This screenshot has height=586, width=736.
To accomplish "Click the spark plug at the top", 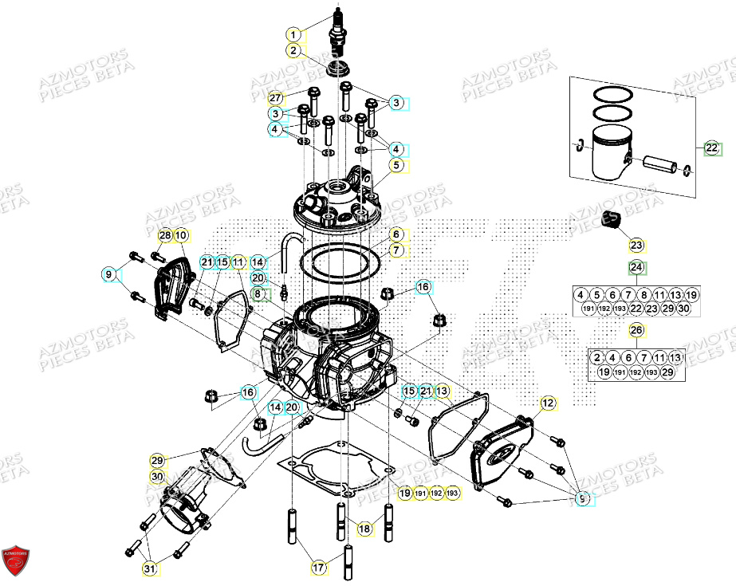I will click(340, 32).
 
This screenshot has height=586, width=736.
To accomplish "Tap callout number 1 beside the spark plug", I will click(293, 34).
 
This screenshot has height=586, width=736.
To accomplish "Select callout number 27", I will click(275, 98).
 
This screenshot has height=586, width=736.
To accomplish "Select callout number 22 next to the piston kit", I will click(711, 147).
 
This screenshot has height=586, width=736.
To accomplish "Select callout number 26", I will click(636, 330).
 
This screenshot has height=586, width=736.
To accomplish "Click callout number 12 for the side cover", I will click(548, 403).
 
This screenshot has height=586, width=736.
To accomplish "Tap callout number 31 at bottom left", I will click(149, 568).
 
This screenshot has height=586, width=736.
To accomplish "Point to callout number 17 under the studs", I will click(318, 568).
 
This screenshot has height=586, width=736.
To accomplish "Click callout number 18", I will click(364, 528).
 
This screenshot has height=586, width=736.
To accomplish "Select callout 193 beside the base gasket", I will click(453, 494).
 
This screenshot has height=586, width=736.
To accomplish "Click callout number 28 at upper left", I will click(164, 235).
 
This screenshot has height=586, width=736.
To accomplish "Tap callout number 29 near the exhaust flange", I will click(157, 461).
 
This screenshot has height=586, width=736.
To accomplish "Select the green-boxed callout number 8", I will click(257, 294).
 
